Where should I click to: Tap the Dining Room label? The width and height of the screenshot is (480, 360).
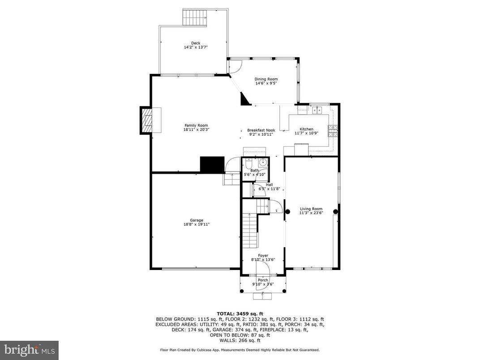(x=266, y=79)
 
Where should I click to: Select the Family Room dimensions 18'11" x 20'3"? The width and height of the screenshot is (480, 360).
(x=196, y=130)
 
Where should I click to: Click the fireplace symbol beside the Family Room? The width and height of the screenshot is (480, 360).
(x=146, y=120)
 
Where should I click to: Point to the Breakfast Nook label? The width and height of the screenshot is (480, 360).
(x=261, y=130)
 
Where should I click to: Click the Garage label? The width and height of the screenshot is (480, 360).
(x=196, y=220)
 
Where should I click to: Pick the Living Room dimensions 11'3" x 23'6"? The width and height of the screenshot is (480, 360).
(x=311, y=213)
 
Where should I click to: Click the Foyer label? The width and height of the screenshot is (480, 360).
(x=263, y=255)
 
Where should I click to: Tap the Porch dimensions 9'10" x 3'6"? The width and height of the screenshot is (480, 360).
(x=263, y=284)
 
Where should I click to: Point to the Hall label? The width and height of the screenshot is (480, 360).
(x=269, y=184)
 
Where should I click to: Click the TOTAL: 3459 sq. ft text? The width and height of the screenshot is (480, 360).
(x=240, y=313)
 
